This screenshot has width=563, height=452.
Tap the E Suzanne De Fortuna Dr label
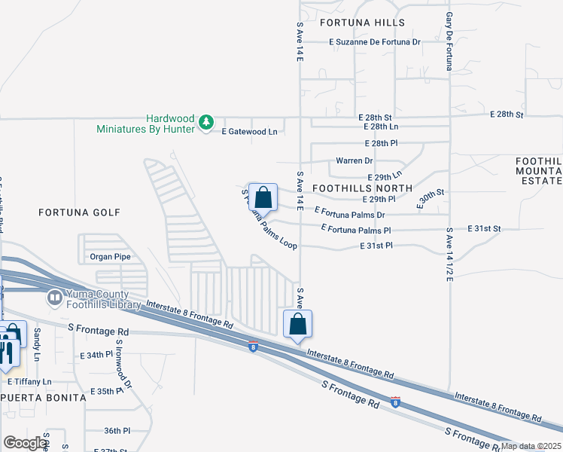click(375, 42)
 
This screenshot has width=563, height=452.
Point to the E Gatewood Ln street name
click(249, 131)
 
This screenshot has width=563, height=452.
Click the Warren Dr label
click(354, 160)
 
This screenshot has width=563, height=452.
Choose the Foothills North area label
click(362, 188)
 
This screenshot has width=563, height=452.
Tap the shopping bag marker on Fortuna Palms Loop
click(263, 197)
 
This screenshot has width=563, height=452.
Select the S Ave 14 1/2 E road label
click(449, 255)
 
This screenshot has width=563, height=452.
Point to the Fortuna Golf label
click(79, 213)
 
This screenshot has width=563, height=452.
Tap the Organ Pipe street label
click(111, 256)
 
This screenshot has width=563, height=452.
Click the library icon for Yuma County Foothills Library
click(54, 298)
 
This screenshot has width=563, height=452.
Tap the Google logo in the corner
click(25, 443)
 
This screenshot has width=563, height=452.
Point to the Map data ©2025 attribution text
click(531, 446)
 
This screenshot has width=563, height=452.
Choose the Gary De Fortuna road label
click(449, 41)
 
